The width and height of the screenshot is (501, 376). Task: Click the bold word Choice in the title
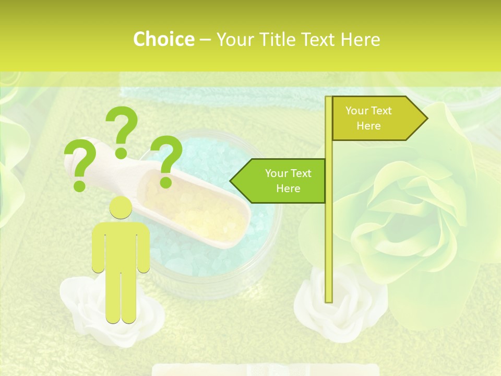(163, 40)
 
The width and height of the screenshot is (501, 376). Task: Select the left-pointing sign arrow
(279, 181)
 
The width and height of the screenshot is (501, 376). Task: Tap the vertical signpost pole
(329, 235)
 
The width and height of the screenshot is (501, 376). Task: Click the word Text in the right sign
(380, 111)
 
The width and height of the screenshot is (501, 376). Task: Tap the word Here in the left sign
(288, 189)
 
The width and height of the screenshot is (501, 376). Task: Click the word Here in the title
(360, 40)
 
